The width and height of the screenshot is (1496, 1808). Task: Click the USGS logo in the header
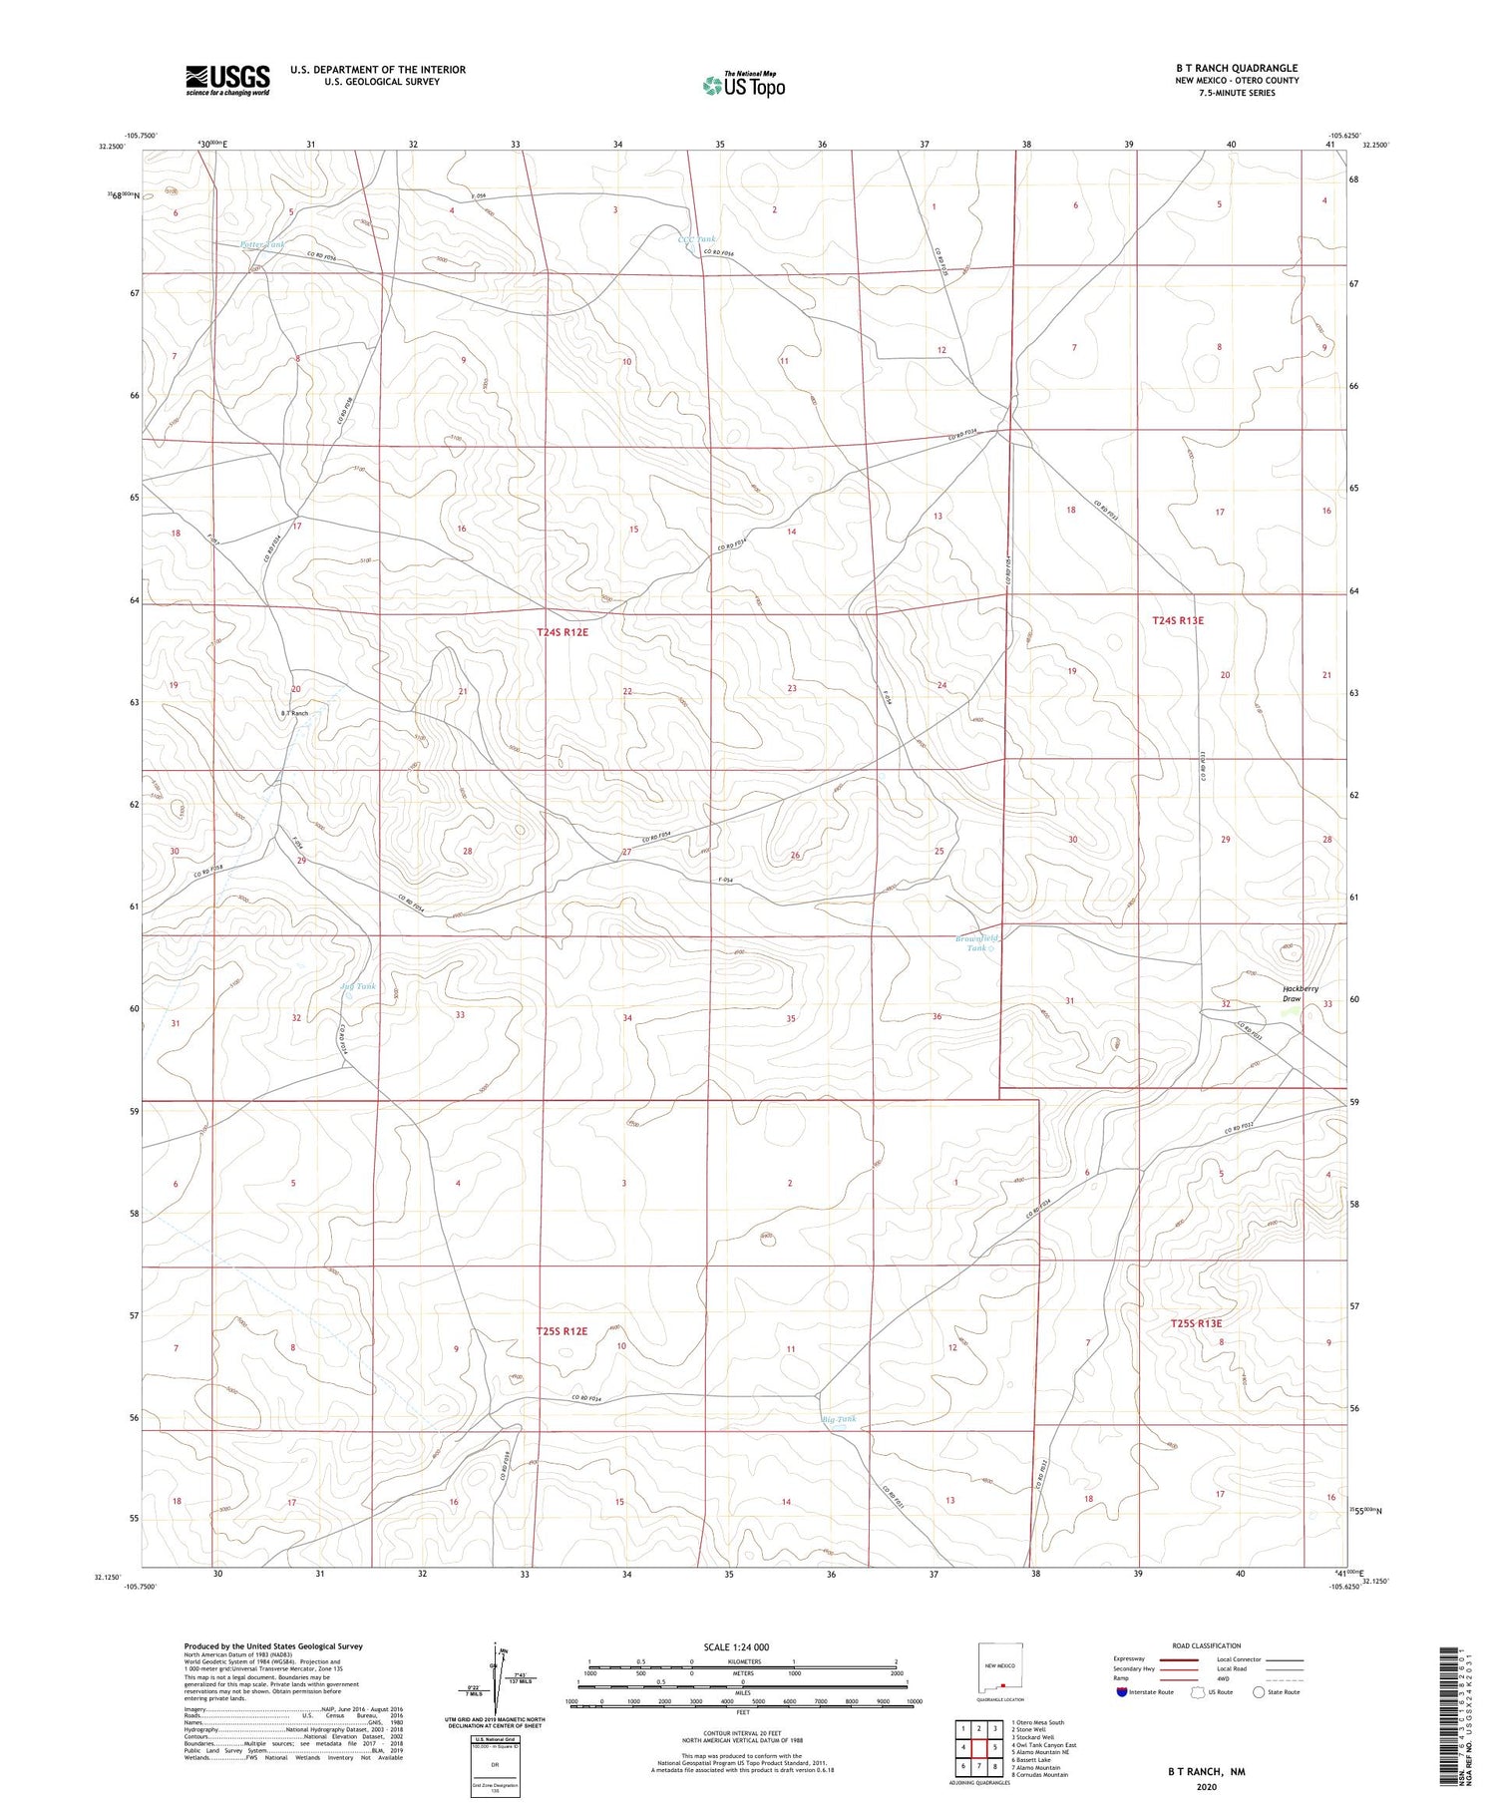(227, 80)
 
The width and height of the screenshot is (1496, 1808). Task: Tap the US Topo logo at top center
(744, 86)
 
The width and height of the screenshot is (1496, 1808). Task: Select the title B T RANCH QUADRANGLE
(1236, 69)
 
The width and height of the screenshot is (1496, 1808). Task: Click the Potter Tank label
(262, 244)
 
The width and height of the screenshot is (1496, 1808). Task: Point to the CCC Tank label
(696, 239)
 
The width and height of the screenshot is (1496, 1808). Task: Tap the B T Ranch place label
(294, 714)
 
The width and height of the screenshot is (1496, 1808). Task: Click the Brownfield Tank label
(976, 943)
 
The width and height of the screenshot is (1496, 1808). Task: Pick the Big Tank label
(838, 1419)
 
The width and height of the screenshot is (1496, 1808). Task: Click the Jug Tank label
(357, 987)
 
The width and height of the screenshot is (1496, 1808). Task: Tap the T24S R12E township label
(562, 632)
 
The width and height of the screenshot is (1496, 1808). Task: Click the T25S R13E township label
(1196, 1323)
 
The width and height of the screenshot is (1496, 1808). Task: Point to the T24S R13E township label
(1178, 620)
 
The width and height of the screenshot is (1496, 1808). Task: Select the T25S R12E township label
(561, 1331)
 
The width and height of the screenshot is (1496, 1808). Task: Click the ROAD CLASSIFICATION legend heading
(1207, 1645)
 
